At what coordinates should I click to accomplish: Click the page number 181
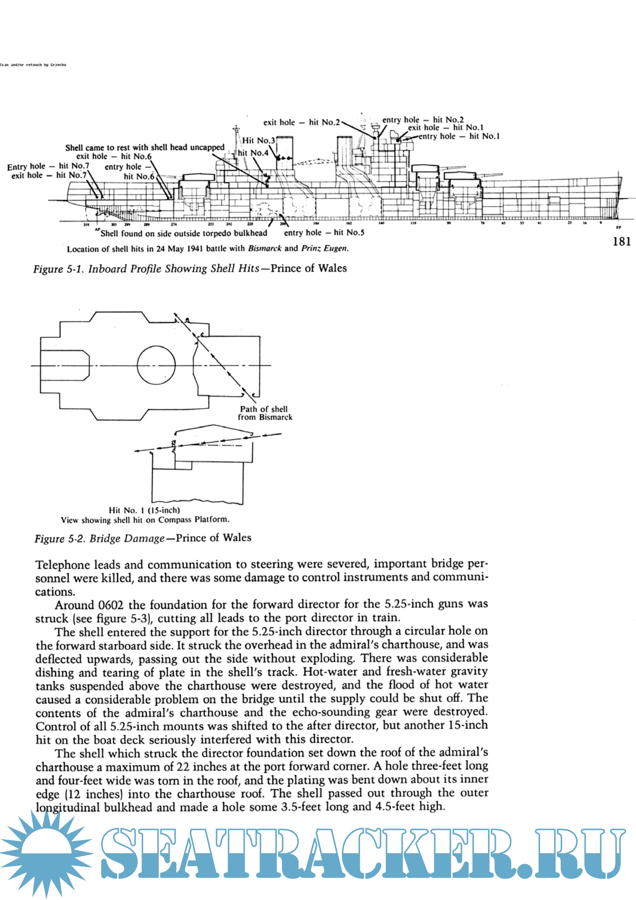pyautogui.click(x=621, y=241)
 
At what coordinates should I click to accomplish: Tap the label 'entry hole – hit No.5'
pyautogui.click(x=324, y=233)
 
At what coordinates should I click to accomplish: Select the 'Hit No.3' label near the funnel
pyautogui.click(x=259, y=140)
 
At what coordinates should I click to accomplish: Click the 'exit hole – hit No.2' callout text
pyautogui.click(x=301, y=122)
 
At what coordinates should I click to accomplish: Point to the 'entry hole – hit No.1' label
pyautogui.click(x=459, y=137)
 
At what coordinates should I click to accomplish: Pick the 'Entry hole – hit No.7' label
pyautogui.click(x=48, y=166)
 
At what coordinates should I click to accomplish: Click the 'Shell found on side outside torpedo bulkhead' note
pyautogui.click(x=184, y=234)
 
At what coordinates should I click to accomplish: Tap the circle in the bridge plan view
pyautogui.click(x=156, y=365)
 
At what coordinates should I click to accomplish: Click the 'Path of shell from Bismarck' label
pyautogui.click(x=265, y=413)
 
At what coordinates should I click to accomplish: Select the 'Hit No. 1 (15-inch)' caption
pyautogui.click(x=144, y=510)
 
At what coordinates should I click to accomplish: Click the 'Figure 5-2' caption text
pyautogui.click(x=143, y=538)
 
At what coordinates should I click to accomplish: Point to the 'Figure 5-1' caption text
pyautogui.click(x=190, y=268)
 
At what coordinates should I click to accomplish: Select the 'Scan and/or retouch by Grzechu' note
pyautogui.click(x=33, y=65)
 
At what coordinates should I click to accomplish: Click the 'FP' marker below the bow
pyautogui.click(x=618, y=228)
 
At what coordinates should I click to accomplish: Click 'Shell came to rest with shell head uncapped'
pyautogui.click(x=144, y=148)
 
